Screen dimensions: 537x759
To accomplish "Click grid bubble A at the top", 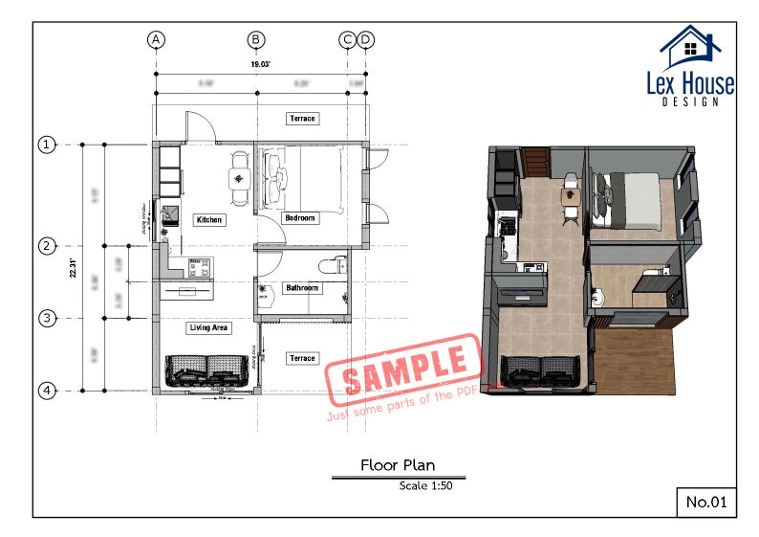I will click(x=157, y=39).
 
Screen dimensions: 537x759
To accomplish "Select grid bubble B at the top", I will click(x=256, y=39).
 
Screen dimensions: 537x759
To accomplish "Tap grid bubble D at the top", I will click(x=365, y=39).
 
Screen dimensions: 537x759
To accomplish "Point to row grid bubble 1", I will click(x=46, y=145).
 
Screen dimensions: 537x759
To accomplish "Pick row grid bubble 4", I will click(x=46, y=391).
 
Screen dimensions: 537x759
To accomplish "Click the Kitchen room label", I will click(x=209, y=220).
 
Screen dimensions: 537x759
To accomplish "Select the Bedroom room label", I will click(x=301, y=218).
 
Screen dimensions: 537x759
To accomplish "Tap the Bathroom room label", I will click(x=302, y=287).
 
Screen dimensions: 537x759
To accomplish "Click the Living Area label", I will click(x=208, y=328).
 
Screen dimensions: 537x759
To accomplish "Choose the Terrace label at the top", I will click(x=302, y=119).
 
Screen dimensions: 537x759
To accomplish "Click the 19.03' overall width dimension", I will click(x=261, y=64).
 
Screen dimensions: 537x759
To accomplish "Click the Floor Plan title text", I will click(x=397, y=466).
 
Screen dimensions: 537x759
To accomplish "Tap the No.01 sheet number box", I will click(x=705, y=501).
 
